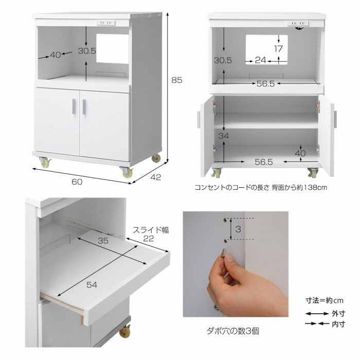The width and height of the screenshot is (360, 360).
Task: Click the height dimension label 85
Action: tap(177, 80)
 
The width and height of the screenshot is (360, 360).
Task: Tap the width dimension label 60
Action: tap(77, 181)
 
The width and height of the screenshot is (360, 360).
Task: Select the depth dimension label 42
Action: tap(155, 178)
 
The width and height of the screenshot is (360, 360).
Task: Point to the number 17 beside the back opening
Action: tap(278, 49)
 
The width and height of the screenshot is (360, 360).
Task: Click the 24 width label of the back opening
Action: tap(261, 60)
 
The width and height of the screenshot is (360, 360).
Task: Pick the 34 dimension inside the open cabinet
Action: tap(223, 136)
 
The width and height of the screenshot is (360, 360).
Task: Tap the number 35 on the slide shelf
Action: tap(103, 240)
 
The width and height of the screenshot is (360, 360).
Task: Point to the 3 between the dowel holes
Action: tap(238, 229)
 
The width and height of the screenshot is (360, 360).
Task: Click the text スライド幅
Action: tap(151, 229)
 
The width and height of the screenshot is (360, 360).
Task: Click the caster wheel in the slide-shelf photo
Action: tap(124, 332)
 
